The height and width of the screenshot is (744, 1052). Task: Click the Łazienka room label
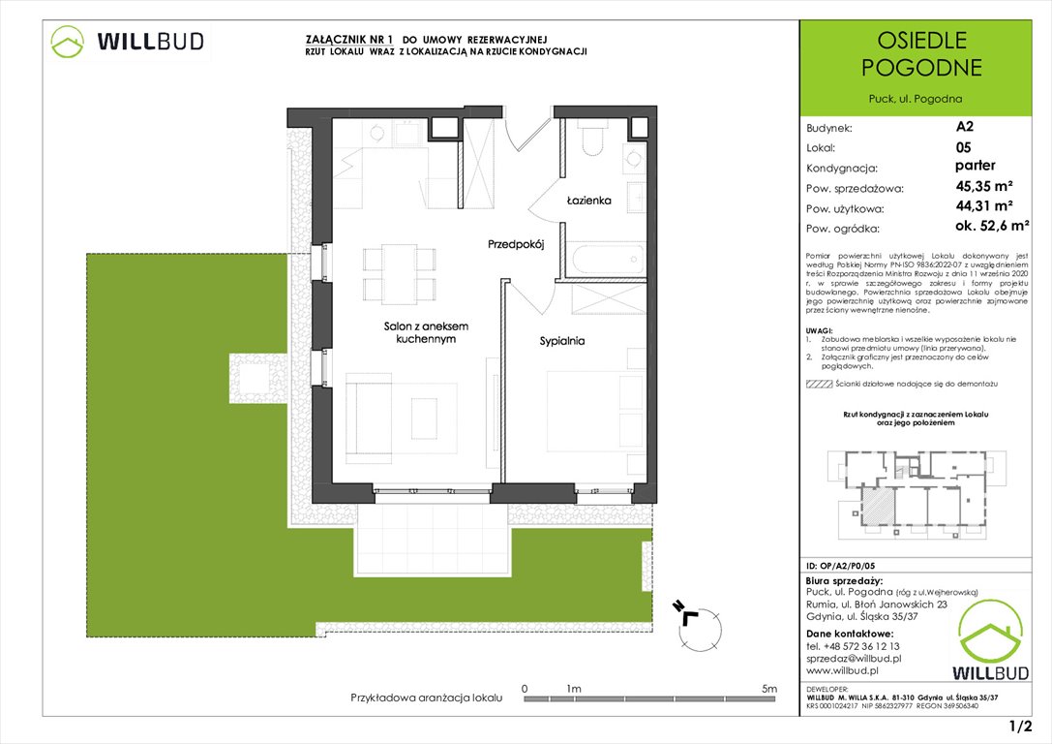click(588, 201)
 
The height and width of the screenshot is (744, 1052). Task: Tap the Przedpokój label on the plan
click(516, 246)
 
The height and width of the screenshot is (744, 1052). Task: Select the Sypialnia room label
click(562, 341)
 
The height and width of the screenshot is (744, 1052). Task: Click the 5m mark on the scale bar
click(769, 689)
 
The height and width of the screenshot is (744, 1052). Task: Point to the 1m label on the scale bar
click(574, 689)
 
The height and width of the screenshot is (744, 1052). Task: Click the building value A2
click(965, 126)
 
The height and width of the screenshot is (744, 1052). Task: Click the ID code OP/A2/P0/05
click(847, 564)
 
